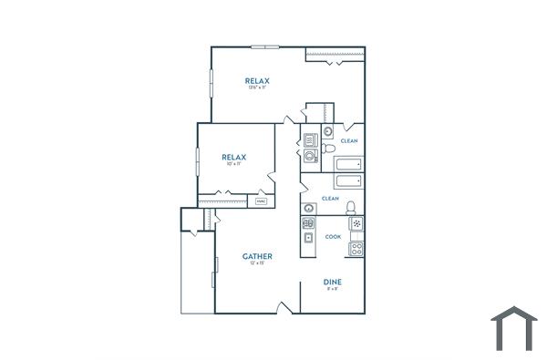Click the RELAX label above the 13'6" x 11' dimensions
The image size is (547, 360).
[x=257, y=81]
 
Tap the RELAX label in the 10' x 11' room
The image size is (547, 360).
[x=234, y=157]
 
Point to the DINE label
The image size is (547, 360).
[x=332, y=283]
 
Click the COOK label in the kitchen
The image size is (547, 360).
[x=333, y=237]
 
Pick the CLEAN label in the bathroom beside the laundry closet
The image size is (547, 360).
[x=349, y=141]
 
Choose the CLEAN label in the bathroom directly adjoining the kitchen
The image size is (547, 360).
[x=330, y=199]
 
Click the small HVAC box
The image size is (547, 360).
[x=262, y=201]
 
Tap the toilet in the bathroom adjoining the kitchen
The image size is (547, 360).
[x=350, y=207]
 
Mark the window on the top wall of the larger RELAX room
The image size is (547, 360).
[x=265, y=46]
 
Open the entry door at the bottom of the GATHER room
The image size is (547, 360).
[x=288, y=308]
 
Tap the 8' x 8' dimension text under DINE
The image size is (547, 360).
[x=332, y=290]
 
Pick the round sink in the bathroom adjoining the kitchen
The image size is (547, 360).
[x=310, y=207]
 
